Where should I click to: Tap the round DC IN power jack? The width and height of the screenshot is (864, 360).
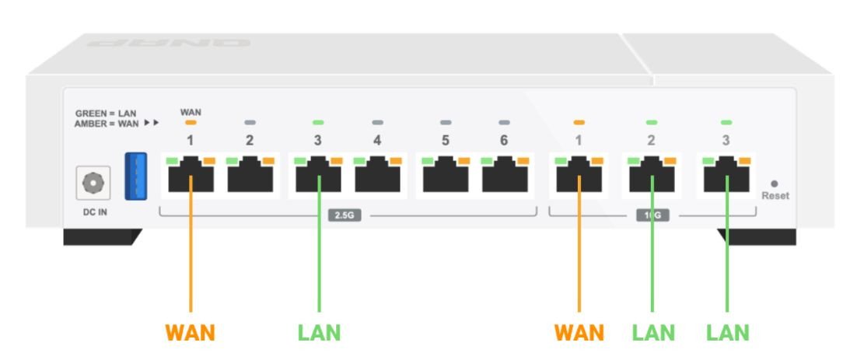pos(93,183)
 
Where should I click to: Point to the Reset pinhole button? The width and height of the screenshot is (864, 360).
pos(774,184)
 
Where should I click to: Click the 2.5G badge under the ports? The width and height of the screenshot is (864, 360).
pos(344,215)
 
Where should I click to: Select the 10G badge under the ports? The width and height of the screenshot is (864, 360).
pos(652,215)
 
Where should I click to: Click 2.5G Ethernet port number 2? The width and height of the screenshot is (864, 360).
pos(250,174)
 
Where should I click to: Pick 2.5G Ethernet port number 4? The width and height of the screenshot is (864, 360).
pos(378,174)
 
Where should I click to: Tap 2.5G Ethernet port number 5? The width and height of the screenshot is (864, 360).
pos(446,174)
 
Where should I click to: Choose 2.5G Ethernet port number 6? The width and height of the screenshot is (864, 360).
pos(505,174)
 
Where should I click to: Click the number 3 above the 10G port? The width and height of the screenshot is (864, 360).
pos(726,141)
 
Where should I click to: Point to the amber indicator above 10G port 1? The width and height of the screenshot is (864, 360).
pos(579,123)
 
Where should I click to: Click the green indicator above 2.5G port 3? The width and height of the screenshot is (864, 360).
pos(318,123)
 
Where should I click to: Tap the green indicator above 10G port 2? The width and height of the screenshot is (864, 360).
pos(652,123)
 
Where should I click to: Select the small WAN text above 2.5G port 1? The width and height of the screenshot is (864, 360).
pos(191,113)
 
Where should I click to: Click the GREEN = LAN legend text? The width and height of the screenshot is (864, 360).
pos(106,114)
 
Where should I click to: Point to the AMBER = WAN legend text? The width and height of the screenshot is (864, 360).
pos(107,123)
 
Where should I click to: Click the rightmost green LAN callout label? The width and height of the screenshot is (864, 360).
pos(727,333)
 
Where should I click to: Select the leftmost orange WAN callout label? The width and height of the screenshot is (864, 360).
pos(190,333)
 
